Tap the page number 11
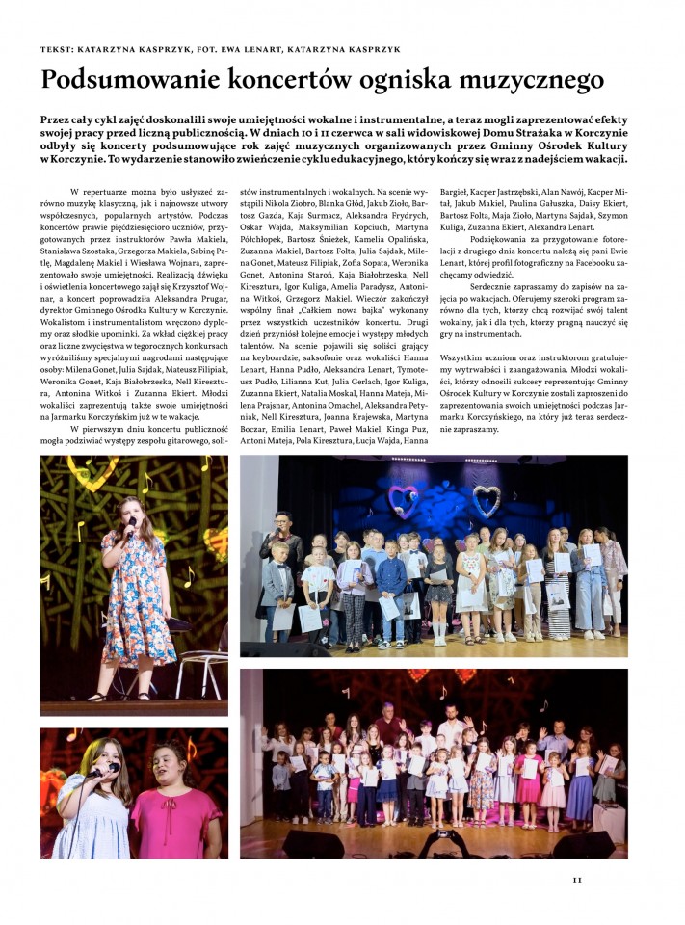577,878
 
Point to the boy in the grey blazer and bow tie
278,588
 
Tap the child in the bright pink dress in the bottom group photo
528,780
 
